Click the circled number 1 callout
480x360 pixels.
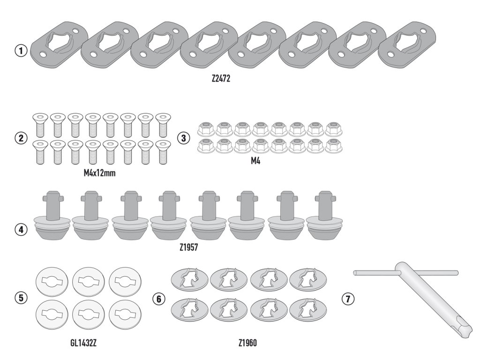click(x=21, y=51)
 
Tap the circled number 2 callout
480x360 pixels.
click(x=21, y=138)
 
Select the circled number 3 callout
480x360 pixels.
click(x=183, y=138)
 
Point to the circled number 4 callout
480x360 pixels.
click(x=21, y=230)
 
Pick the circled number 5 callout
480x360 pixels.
click(x=21, y=298)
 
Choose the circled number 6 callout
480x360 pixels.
click(x=158, y=299)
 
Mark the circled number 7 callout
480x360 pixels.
click(x=348, y=299)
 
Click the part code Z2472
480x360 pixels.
click(x=221, y=79)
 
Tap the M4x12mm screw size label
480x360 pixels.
click(x=99, y=173)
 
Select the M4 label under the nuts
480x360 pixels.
click(x=255, y=161)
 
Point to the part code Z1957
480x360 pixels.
click(x=188, y=247)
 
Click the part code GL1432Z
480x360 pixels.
click(x=83, y=343)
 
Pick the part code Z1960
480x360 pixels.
click(x=247, y=343)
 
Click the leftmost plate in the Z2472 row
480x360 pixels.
click(x=59, y=45)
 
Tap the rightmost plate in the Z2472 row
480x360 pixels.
click(x=407, y=45)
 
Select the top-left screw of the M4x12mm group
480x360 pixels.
click(x=40, y=125)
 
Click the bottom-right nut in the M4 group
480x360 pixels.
click(x=334, y=146)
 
